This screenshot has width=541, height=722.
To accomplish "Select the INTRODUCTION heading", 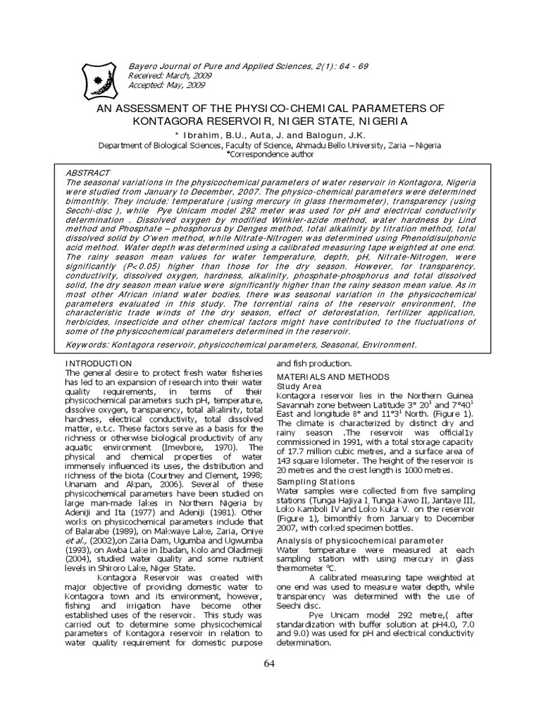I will click(x=98, y=362).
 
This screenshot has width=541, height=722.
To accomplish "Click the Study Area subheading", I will click(x=299, y=386).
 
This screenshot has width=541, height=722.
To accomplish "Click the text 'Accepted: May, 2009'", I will click(x=166, y=85).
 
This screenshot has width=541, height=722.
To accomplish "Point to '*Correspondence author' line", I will click(x=270, y=153).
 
